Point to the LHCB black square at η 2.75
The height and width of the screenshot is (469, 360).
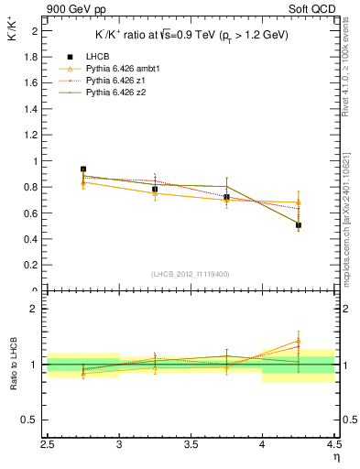(x=83, y=169)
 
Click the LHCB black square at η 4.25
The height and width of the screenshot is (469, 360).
(x=299, y=224)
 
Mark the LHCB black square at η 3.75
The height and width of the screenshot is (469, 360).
(x=227, y=197)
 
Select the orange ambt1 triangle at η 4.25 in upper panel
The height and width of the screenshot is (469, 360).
(x=299, y=202)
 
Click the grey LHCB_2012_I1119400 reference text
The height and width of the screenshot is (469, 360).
(x=191, y=274)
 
